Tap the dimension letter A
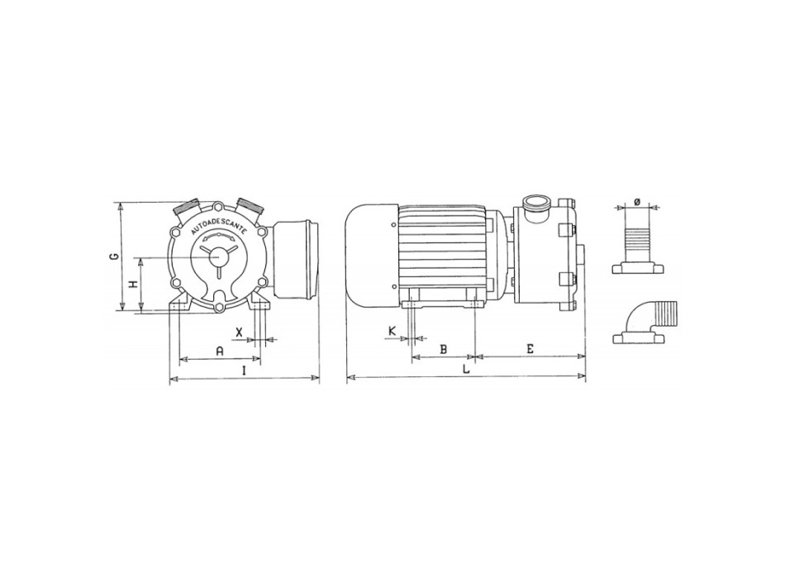pyautogui.click(x=220, y=351)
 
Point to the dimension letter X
pyautogui.click(x=239, y=332)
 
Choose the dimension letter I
pyautogui.click(x=244, y=371)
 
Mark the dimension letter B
pyautogui.click(x=443, y=349)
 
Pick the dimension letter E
pyautogui.click(x=530, y=349)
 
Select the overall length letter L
pyautogui.click(x=466, y=370)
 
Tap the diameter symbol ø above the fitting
pyautogui.click(x=637, y=201)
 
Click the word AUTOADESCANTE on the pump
pyautogui.click(x=216, y=227)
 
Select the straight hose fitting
pyautogui.click(x=637, y=245)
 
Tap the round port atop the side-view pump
pyautogui.click(x=535, y=203)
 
